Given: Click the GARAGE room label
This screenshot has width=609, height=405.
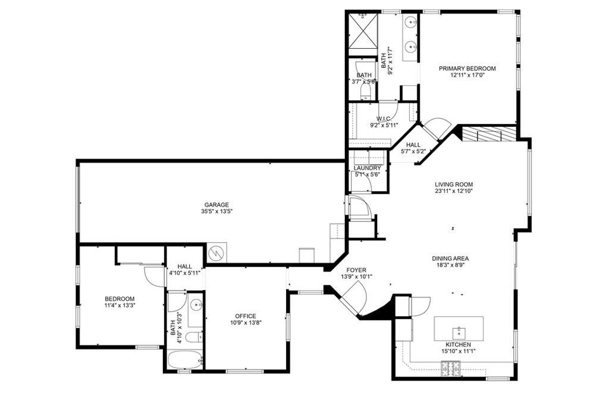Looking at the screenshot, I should pos(214,205).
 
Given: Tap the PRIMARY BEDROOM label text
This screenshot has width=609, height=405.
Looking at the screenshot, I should pos(467,68).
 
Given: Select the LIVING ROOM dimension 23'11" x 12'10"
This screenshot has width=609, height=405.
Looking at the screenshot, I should pos(453,192).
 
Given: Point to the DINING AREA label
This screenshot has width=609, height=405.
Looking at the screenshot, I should pos(450,258).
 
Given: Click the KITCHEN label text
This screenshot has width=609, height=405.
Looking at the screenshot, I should pos(458,345).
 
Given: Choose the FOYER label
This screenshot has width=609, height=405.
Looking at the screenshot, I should pos(356,270).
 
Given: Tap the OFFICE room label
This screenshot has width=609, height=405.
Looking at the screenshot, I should pos(245,316).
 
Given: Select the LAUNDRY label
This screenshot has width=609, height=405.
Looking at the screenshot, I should pos(367,168).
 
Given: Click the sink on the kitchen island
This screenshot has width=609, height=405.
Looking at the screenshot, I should pos(459,329).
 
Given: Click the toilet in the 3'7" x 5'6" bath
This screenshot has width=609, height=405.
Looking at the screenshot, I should pos(365,91).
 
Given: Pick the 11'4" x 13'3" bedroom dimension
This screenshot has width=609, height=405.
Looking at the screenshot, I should pos(120,306).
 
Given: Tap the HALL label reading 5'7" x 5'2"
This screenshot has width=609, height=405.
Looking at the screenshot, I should pos(413,151).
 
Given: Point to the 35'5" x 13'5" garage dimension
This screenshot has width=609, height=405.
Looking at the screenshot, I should pos(214,211).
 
